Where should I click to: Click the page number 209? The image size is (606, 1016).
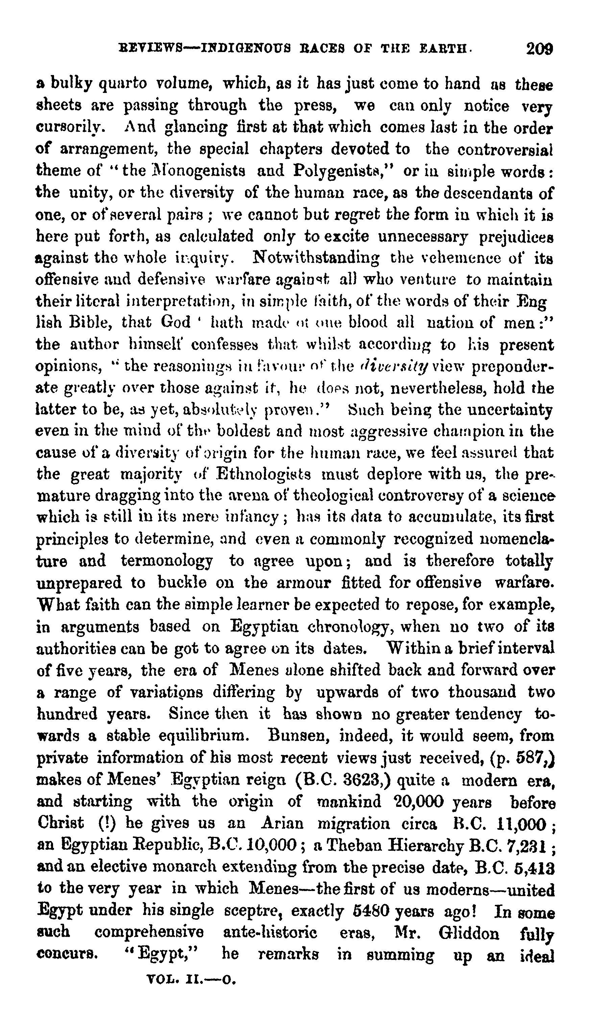pyautogui.click(x=539, y=49)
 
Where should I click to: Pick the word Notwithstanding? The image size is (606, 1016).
pyautogui.click(x=316, y=258)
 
